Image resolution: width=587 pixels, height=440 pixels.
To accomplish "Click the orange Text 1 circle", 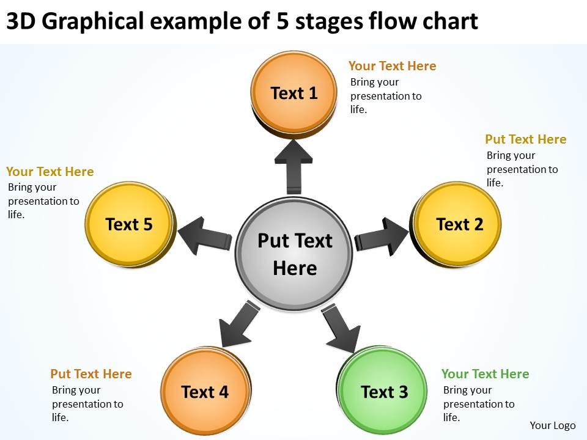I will tap(294, 93).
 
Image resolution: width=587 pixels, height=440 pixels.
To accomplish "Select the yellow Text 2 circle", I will tap(459, 224).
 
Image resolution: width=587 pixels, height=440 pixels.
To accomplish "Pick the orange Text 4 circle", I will tap(205, 391).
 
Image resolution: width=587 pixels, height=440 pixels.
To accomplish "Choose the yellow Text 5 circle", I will tap(130, 224).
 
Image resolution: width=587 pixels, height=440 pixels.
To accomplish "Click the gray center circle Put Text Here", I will tap(294, 254).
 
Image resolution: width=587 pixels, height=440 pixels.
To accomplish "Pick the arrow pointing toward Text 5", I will tap(204, 236).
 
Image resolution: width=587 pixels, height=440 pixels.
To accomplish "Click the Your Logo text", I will tap(552, 425).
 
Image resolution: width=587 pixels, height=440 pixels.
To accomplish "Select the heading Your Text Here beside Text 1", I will tap(392, 66).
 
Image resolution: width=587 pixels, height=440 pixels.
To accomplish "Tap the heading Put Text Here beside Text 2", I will tap(525, 139).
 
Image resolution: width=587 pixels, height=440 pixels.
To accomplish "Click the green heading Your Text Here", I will tap(485, 374).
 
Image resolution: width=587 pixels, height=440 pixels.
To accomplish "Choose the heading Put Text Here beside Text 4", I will tap(90, 374).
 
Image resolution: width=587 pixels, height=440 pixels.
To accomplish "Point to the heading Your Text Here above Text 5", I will tap(50, 172).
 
